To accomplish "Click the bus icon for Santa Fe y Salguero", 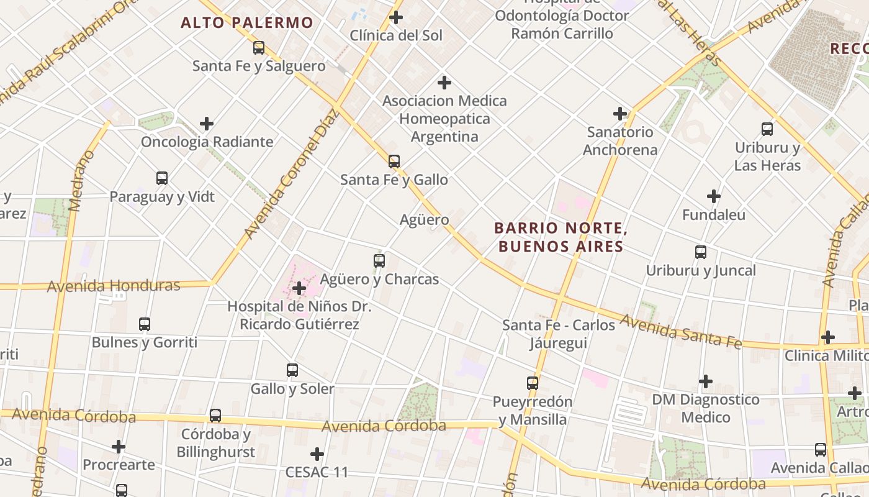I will coord(259,47).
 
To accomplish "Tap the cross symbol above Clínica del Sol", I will coord(395,17).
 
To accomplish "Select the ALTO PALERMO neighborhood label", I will coord(247,24).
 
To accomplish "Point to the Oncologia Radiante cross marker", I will coord(207,124).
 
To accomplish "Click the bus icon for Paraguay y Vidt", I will coord(162,178).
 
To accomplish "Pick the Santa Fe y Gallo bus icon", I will coord(394,162).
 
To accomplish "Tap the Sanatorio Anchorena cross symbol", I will coord(619,114).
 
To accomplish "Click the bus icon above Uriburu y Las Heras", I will coord(767,129).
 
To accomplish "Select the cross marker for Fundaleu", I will coord(714,196).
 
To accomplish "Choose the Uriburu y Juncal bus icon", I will coord(701,252).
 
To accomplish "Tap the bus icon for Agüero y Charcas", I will coord(379,261).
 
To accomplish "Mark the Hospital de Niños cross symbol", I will coord(299,288).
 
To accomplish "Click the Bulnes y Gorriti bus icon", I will coord(145,324).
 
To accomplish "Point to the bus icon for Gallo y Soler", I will coord(292,370).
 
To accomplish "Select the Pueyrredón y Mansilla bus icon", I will coord(533,383).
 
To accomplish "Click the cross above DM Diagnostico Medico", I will coord(706,381).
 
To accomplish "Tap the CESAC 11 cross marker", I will coord(317,454).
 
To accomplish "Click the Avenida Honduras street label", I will coord(114,286).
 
